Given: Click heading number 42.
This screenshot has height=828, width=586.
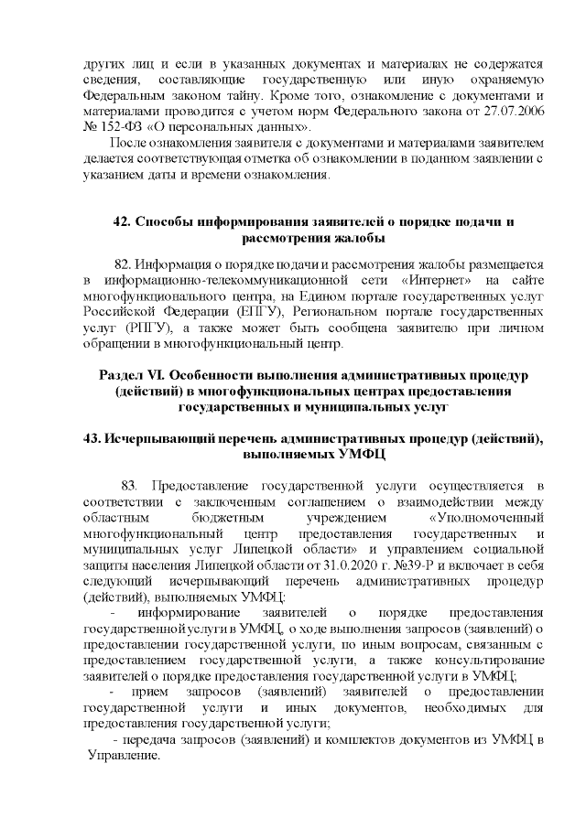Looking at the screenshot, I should [121, 222].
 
